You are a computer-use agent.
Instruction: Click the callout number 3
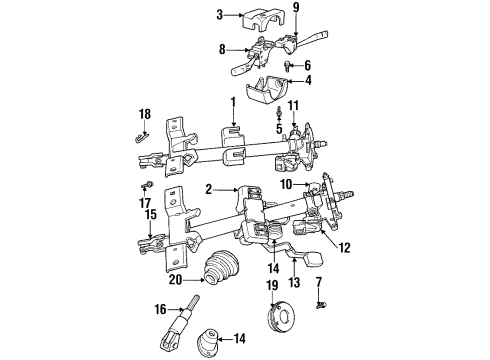217,14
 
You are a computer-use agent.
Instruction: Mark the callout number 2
210,187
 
